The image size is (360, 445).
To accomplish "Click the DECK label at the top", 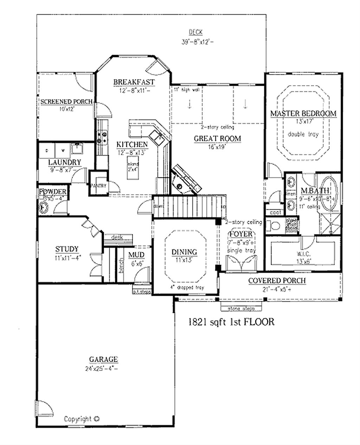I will click(195, 32).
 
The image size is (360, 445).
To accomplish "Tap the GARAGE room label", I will click(103, 359).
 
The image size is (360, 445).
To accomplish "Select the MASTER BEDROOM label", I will click(303, 113).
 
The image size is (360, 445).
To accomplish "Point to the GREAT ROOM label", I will click(217, 138).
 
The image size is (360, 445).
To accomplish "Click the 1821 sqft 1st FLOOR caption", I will click(231, 322).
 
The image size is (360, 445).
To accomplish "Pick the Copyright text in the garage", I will click(82, 419).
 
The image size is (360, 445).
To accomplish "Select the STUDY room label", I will click(66, 249).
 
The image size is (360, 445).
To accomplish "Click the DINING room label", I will click(184, 252).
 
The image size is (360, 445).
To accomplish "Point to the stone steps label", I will click(241, 309).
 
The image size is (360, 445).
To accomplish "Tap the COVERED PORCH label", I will click(277, 281).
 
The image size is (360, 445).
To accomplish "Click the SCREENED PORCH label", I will click(66, 102).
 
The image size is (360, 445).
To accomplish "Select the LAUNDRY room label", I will click(65, 162).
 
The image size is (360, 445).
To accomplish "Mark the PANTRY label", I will click(98, 185).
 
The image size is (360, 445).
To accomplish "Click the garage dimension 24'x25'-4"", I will click(103, 368).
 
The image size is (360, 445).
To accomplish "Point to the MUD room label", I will click(136, 255).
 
